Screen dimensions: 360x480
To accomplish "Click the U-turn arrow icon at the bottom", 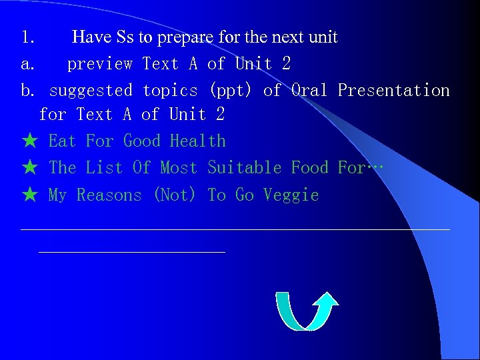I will [307, 311].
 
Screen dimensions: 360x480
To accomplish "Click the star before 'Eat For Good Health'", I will [29, 141].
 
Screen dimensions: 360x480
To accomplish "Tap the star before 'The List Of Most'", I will [29, 168].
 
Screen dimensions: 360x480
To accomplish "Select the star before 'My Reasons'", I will [29, 195].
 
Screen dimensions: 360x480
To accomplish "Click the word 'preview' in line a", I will [100, 64].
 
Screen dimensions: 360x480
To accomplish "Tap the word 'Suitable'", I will [244, 168].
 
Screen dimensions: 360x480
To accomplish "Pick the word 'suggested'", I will [91, 90].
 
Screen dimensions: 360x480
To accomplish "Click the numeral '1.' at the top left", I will [28, 37].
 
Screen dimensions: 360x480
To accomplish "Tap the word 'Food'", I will [309, 168].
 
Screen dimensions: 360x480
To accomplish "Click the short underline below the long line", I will [132, 252].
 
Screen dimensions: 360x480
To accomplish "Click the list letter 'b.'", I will [28, 90].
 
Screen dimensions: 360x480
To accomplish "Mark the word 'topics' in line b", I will [170, 90].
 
